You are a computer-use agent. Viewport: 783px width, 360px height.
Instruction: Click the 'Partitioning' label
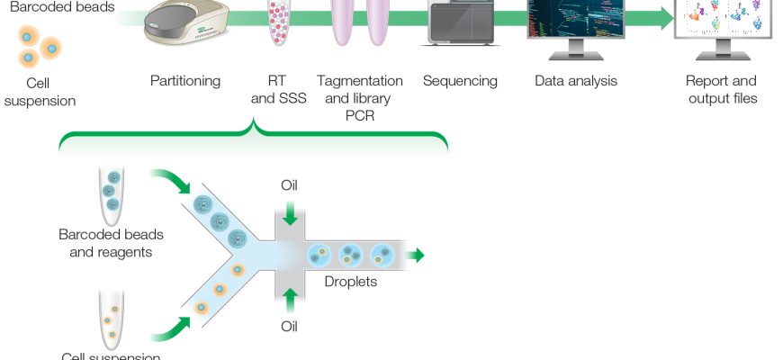[185, 81]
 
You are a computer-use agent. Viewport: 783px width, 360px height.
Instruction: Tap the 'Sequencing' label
[460, 81]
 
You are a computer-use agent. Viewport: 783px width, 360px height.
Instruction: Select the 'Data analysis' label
[576, 81]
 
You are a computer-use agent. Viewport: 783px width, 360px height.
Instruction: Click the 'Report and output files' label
[721, 89]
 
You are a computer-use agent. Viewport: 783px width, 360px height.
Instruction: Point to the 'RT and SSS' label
[276, 89]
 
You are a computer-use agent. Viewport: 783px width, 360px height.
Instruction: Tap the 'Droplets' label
[351, 281]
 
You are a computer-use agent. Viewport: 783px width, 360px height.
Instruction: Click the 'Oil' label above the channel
[289, 186]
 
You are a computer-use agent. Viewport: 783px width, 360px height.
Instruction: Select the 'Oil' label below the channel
[289, 326]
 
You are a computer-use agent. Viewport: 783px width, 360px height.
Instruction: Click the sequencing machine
[460, 22]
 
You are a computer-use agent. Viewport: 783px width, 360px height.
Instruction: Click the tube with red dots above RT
[278, 22]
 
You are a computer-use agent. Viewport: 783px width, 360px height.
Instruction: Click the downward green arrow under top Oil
[289, 214]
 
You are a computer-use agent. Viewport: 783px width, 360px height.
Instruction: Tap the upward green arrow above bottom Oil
[289, 298]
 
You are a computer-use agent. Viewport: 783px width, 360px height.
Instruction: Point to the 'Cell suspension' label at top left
[40, 91]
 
